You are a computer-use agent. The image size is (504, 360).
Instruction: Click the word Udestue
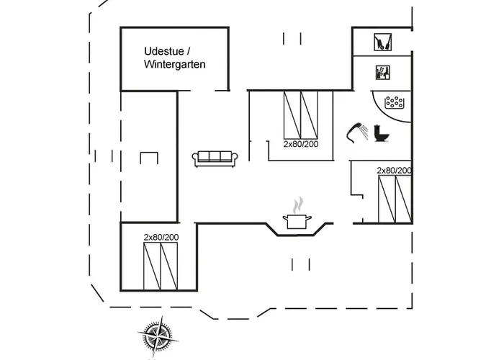click(x=161, y=51)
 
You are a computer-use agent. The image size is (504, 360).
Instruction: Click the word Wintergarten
click(x=175, y=64)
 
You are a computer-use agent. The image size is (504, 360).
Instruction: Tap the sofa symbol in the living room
click(x=214, y=158)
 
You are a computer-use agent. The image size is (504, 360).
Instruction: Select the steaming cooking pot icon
click(x=297, y=221)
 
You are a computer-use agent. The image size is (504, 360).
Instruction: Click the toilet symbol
click(x=382, y=134)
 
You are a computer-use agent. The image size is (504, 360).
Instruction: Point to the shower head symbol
click(x=356, y=130)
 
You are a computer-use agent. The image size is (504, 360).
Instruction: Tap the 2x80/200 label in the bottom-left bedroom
click(x=161, y=237)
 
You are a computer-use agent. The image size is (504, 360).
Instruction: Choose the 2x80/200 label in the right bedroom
click(x=395, y=171)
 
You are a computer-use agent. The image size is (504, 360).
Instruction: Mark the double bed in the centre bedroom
click(x=301, y=115)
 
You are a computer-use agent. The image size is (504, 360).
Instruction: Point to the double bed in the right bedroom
click(x=395, y=199)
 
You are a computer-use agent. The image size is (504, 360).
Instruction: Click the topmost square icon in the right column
click(x=382, y=42)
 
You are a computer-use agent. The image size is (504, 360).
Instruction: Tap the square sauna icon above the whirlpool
click(x=382, y=72)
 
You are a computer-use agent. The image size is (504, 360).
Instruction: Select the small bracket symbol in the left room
click(x=150, y=158)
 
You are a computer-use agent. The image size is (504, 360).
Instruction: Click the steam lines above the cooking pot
click(x=297, y=206)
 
